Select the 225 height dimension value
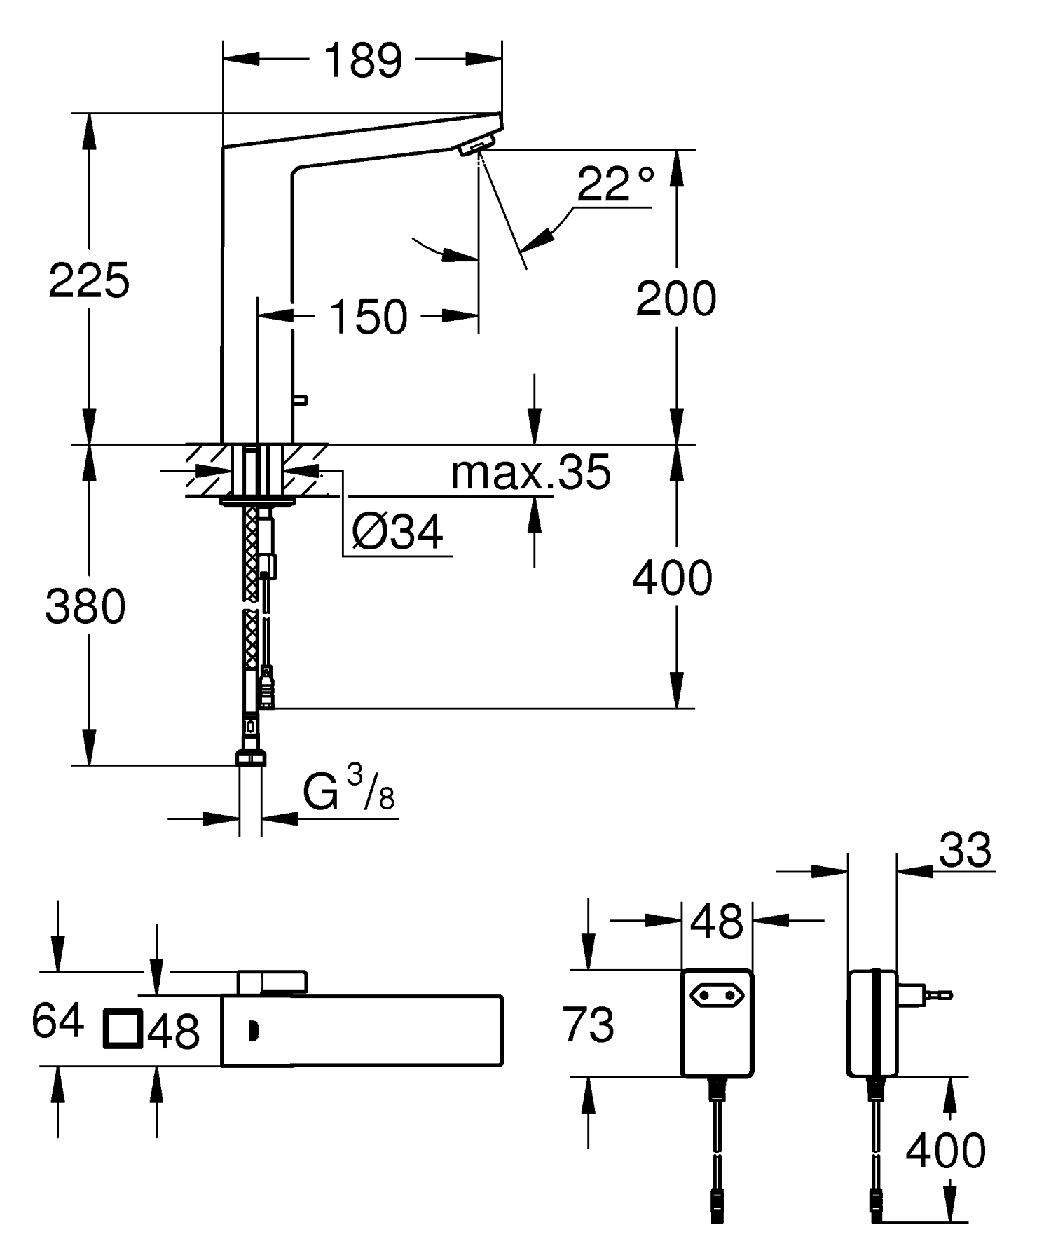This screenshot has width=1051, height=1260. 89,281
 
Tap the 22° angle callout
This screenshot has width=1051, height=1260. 615,184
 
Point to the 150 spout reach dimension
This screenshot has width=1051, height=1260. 368,316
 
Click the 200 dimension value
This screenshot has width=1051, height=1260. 675,299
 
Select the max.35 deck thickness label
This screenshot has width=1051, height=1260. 530,473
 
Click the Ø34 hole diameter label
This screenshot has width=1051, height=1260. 397,532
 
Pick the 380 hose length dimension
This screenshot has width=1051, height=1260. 85,606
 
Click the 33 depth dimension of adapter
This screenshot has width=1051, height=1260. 965,850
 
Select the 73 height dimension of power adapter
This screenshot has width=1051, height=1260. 588,1024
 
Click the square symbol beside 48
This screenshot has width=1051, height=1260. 123,1029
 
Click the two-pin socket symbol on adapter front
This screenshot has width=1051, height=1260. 717,994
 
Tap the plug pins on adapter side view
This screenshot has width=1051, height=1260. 939,993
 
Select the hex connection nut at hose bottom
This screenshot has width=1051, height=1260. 250,758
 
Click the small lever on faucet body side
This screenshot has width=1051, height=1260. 301,400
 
